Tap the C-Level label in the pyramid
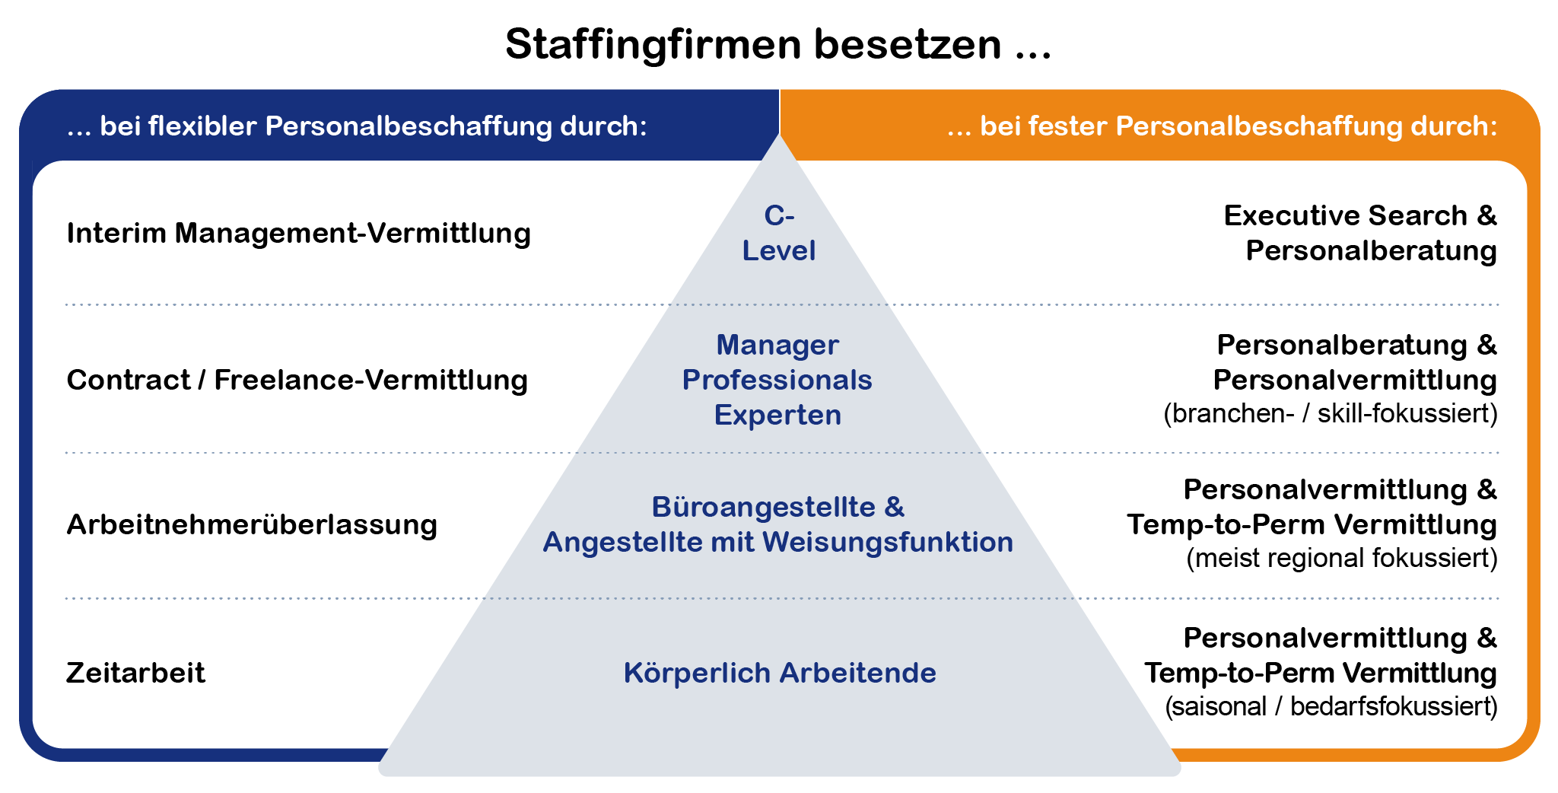coord(779,233)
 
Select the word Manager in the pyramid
coord(777,346)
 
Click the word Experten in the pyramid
coord(777,416)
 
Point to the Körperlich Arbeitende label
coord(780,674)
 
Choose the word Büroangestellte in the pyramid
coord(763,508)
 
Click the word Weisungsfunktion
coord(888,543)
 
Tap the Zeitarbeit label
coord(135,674)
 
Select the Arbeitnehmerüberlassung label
coord(252,525)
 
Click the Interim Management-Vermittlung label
coord(298,234)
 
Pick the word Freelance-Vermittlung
coord(370,381)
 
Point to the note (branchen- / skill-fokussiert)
coord(1330,414)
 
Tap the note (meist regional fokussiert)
coord(1341,559)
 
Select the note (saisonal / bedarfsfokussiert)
coord(1331,707)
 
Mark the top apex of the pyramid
coord(779,135)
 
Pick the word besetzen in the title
coord(907,45)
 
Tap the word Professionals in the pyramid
coord(777,381)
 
